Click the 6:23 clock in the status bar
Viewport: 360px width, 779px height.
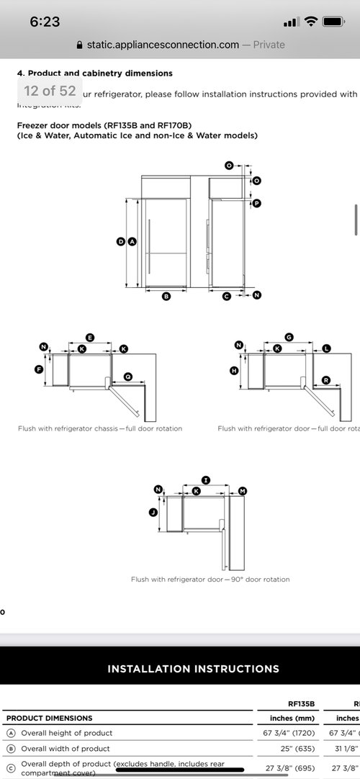tap(45, 22)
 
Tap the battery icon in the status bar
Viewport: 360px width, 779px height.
tap(333, 22)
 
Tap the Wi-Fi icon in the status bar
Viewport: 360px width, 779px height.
tap(310, 22)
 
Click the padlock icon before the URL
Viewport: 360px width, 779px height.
tap(79, 45)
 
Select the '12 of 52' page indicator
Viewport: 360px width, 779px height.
tap(50, 91)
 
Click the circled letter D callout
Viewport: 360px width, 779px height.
tap(121, 242)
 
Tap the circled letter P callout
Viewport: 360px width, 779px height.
tap(256, 204)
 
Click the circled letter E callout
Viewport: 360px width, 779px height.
tap(89, 337)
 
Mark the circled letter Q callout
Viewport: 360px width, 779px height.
tap(127, 376)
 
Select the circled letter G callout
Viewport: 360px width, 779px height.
tap(289, 337)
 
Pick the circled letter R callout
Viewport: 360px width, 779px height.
tap(326, 379)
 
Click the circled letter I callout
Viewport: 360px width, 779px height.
tap(205, 479)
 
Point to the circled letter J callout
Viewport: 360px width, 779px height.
tap(153, 513)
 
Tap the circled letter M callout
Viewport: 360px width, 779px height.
tap(242, 491)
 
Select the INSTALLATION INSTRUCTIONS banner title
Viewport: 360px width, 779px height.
tap(193, 669)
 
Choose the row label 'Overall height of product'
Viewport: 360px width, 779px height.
tap(67, 733)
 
